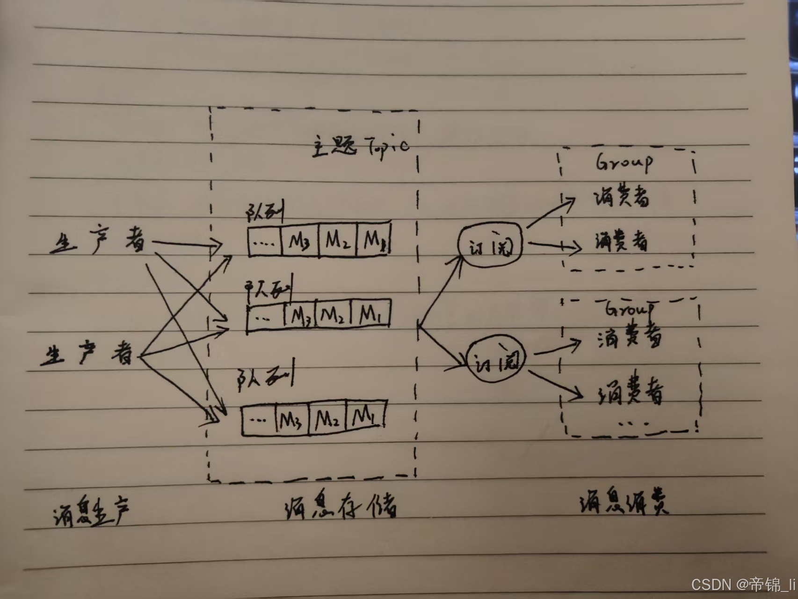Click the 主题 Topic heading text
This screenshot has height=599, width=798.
click(360, 146)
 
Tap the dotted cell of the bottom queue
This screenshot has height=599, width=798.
click(259, 420)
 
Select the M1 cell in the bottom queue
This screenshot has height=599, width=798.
click(365, 415)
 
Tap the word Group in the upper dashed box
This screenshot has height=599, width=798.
click(624, 163)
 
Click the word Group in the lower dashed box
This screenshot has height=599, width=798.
click(629, 309)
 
